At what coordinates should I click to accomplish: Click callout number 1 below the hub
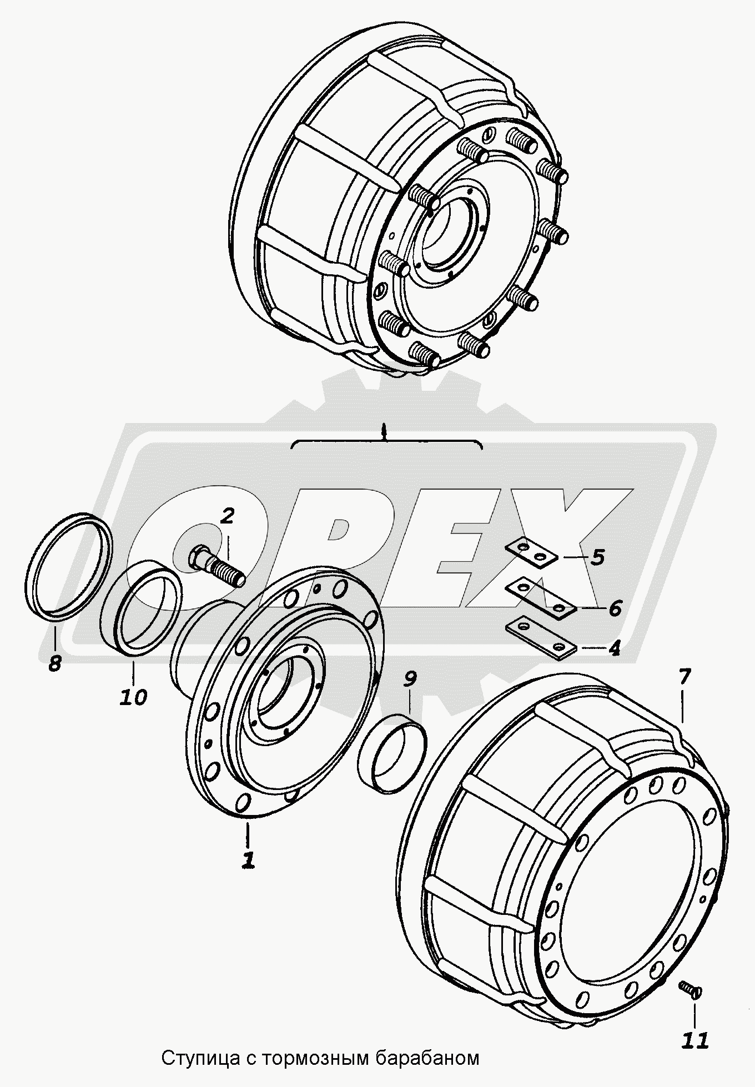click(248, 859)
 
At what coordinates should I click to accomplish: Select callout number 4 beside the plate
click(613, 649)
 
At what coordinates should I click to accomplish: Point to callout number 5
click(597, 557)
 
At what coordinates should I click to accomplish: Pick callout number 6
click(615, 608)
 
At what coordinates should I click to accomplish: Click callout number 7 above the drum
click(684, 677)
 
